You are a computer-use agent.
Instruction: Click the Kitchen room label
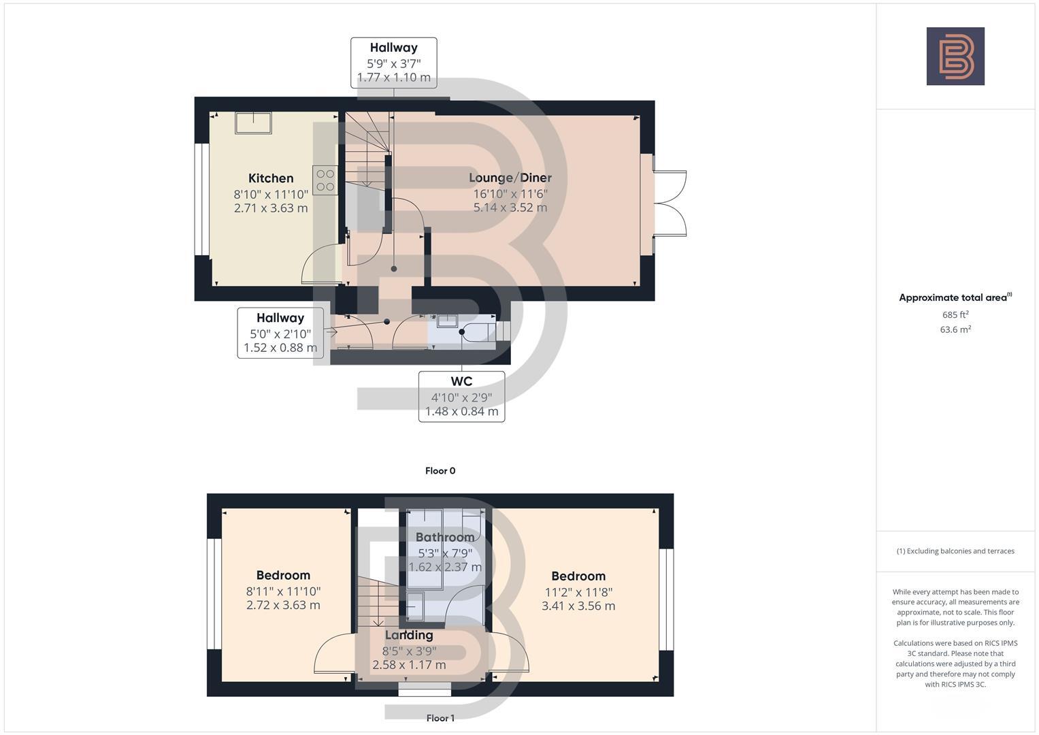[271, 178]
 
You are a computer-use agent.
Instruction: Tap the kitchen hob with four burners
[325, 180]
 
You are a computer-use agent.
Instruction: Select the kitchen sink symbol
[253, 123]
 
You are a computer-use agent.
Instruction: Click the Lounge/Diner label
[510, 178]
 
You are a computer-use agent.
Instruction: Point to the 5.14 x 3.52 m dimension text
[510, 208]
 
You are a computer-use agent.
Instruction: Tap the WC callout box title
[461, 381]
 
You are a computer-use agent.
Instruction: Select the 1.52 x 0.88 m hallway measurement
[280, 348]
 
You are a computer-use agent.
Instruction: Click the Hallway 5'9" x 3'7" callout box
[394, 63]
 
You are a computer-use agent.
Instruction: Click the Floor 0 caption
[440, 471]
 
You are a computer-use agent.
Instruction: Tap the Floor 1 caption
[440, 718]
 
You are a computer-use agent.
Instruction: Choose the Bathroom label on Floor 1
[445, 537]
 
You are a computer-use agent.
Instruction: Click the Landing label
[409, 635]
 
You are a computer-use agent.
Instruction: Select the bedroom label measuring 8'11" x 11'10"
[283, 576]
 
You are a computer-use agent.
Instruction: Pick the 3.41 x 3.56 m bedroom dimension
[578, 606]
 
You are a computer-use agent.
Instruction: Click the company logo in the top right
[955, 56]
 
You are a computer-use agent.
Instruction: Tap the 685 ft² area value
[955, 315]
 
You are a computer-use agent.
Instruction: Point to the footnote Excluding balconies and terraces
[955, 551]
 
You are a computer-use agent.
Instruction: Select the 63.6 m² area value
[955, 329]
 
